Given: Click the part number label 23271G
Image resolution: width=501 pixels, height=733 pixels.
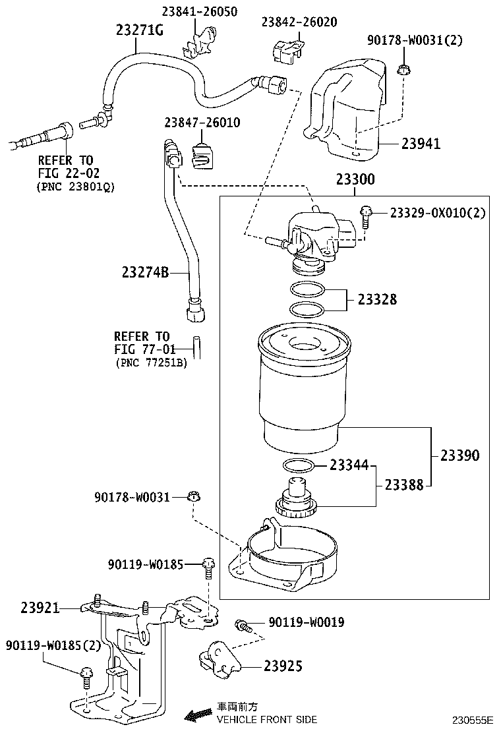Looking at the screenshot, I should coord(139,30).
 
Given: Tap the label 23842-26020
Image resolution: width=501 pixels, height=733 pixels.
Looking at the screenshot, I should coord(299,22).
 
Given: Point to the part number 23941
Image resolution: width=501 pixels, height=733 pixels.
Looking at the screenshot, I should coord(421,144).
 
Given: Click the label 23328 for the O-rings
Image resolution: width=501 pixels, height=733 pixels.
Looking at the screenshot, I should coord(377,299).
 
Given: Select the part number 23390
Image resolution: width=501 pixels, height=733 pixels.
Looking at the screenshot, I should coord(460,455).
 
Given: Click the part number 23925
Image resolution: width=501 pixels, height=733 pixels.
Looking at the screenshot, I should coord(283,666).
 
